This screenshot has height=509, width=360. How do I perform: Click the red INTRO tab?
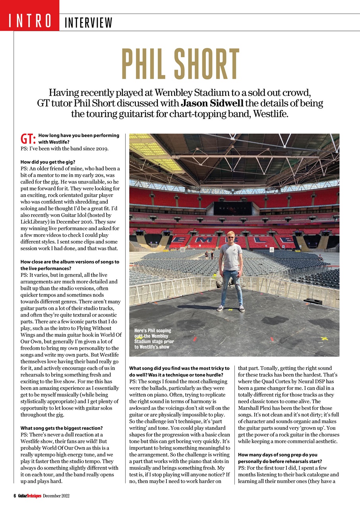point(29,20)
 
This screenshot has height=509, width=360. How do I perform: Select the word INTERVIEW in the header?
point(88,23)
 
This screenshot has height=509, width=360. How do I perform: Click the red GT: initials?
point(28,139)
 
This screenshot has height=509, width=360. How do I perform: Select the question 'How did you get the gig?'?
point(48,162)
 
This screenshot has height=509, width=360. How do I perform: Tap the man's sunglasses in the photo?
point(231,238)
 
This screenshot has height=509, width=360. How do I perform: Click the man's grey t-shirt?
point(231,256)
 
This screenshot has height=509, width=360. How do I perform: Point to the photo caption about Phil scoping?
point(154,339)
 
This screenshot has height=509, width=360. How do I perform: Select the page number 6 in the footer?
point(14,495)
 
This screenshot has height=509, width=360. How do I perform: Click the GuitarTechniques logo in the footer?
point(29,495)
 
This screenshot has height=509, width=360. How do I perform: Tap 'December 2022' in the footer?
point(56,495)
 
